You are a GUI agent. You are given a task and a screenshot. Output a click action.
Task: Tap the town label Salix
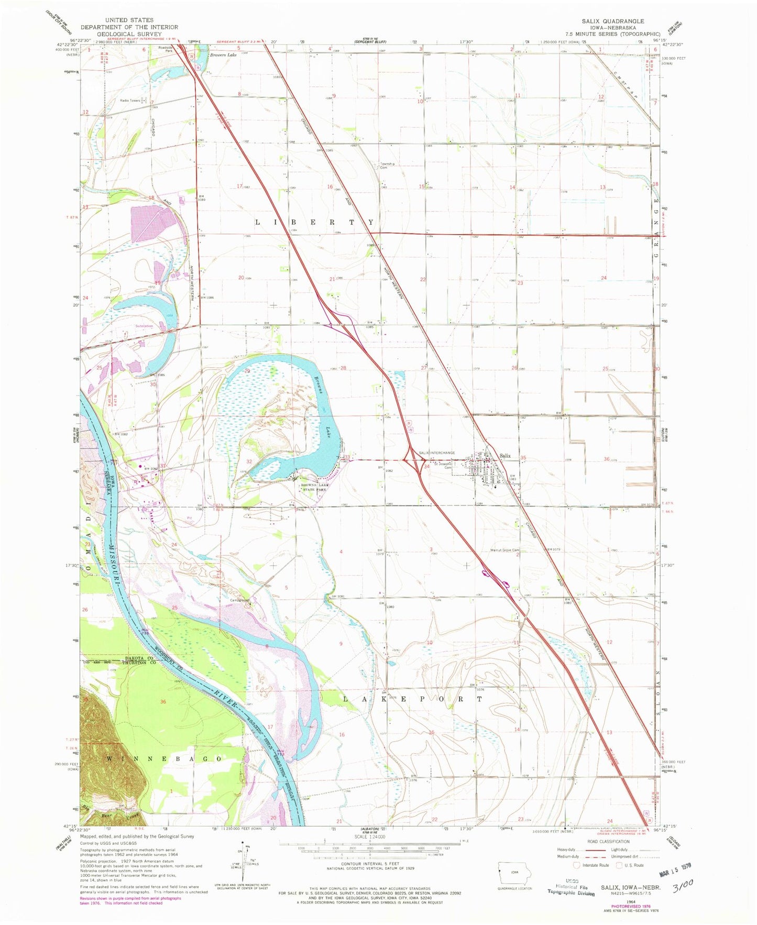coord(504,456)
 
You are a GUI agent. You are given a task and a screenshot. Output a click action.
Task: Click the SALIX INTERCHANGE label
coord(436,453)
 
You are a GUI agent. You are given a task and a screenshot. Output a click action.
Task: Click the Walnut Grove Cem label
coord(504,550)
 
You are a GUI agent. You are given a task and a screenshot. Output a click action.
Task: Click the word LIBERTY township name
coord(314,222)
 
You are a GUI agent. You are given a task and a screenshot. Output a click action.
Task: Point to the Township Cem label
coord(387,166)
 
